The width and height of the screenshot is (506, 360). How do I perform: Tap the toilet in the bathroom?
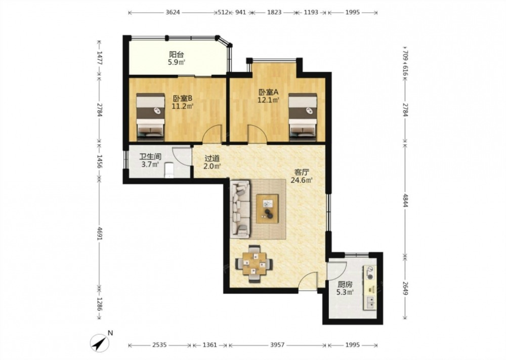click(169, 171)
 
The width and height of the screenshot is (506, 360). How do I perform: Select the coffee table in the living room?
click(267, 209)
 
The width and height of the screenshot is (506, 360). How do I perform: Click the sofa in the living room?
click(240, 209)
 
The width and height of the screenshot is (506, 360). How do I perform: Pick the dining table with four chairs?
click(255, 264)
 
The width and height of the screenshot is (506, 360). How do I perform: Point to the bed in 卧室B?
click(150, 117)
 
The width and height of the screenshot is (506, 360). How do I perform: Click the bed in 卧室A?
click(303, 117)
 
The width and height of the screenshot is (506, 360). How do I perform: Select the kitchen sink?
click(371, 302)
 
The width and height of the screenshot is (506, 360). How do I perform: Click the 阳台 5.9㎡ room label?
click(176, 58)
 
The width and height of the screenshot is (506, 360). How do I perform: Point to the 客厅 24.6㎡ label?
click(301, 176)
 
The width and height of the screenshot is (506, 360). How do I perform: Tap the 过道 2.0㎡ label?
click(212, 163)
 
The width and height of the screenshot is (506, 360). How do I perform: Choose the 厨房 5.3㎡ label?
click(345, 288)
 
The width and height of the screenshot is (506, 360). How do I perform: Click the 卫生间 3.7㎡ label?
click(150, 161)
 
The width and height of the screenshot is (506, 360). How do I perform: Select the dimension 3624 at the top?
click(173, 13)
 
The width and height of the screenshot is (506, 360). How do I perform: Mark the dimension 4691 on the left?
click(100, 232)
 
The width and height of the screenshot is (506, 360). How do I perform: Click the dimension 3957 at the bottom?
click(277, 345)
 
